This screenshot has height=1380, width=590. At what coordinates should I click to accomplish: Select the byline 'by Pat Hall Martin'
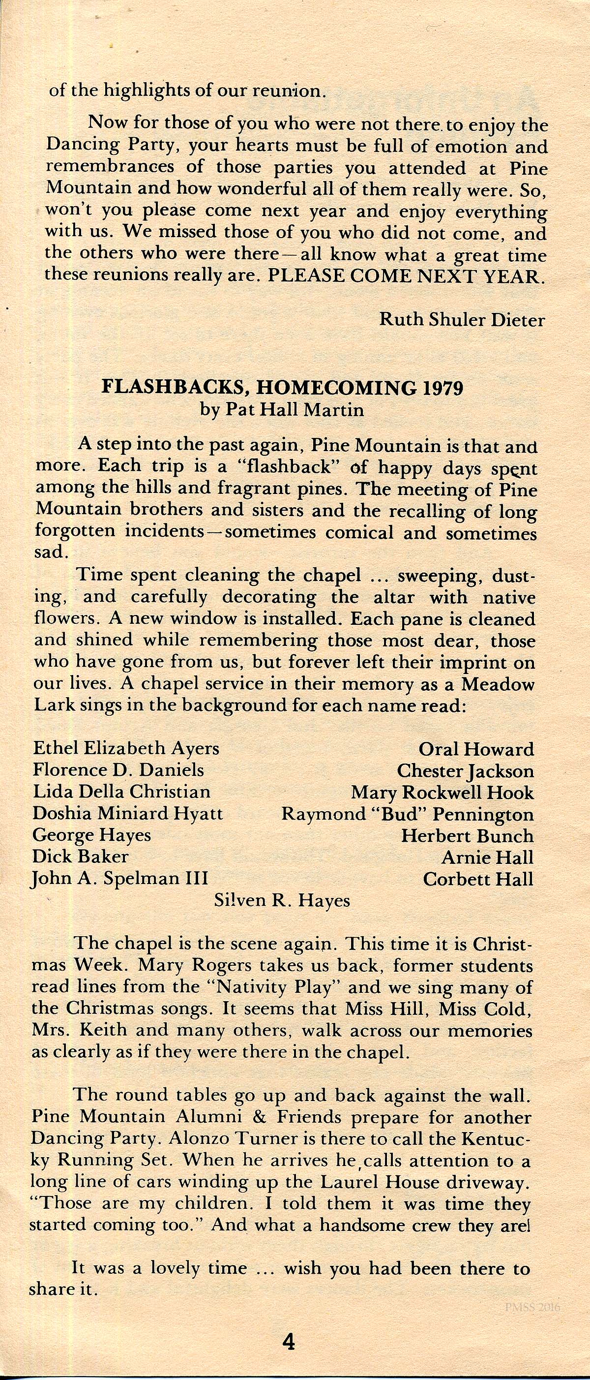pos(282,410)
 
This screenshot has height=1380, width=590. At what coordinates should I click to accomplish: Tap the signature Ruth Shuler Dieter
pos(462,320)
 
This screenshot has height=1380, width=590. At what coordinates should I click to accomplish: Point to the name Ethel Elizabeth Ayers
pos(126,748)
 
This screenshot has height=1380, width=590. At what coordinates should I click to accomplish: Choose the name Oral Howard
pos(476,749)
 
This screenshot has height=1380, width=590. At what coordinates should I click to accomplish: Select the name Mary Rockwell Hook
pos(442,792)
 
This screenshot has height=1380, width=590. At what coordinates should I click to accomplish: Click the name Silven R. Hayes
pos(282,900)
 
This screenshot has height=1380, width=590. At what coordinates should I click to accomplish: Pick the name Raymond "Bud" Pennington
pos(408,814)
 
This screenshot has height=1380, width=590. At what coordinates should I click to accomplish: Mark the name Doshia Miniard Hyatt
pos(127,814)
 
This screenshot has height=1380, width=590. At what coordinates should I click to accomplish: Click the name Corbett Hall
pos(478,879)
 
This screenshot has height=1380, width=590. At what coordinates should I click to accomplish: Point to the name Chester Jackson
pos(465,771)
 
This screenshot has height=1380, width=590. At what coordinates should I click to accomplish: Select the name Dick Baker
pos(80,857)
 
